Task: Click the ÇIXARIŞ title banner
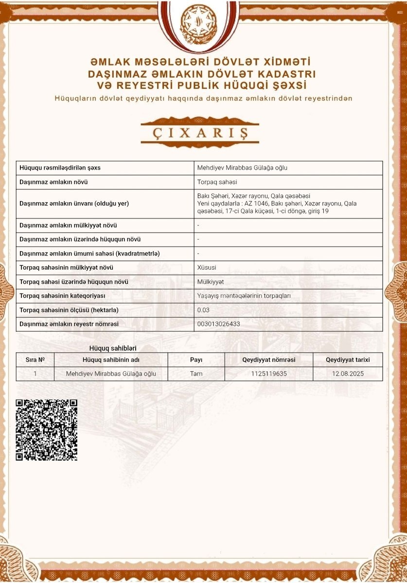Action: pos(199,132)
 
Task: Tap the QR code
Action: pos(47,429)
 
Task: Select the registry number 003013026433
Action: pos(218,324)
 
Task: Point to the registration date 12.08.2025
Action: pos(348,374)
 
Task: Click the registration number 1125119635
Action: pos(269,374)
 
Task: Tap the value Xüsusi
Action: pos(207,268)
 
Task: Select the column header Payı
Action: pos(196,360)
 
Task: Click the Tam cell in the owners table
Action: pos(196,374)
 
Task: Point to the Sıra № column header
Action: pos(35,360)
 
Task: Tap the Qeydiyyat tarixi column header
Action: pos(348,360)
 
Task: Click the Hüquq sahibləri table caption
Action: pos(113,348)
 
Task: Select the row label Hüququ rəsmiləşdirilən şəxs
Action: pos(60,168)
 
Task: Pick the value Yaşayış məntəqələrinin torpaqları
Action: pos(244,296)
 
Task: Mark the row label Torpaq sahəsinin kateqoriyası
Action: pos(62,296)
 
